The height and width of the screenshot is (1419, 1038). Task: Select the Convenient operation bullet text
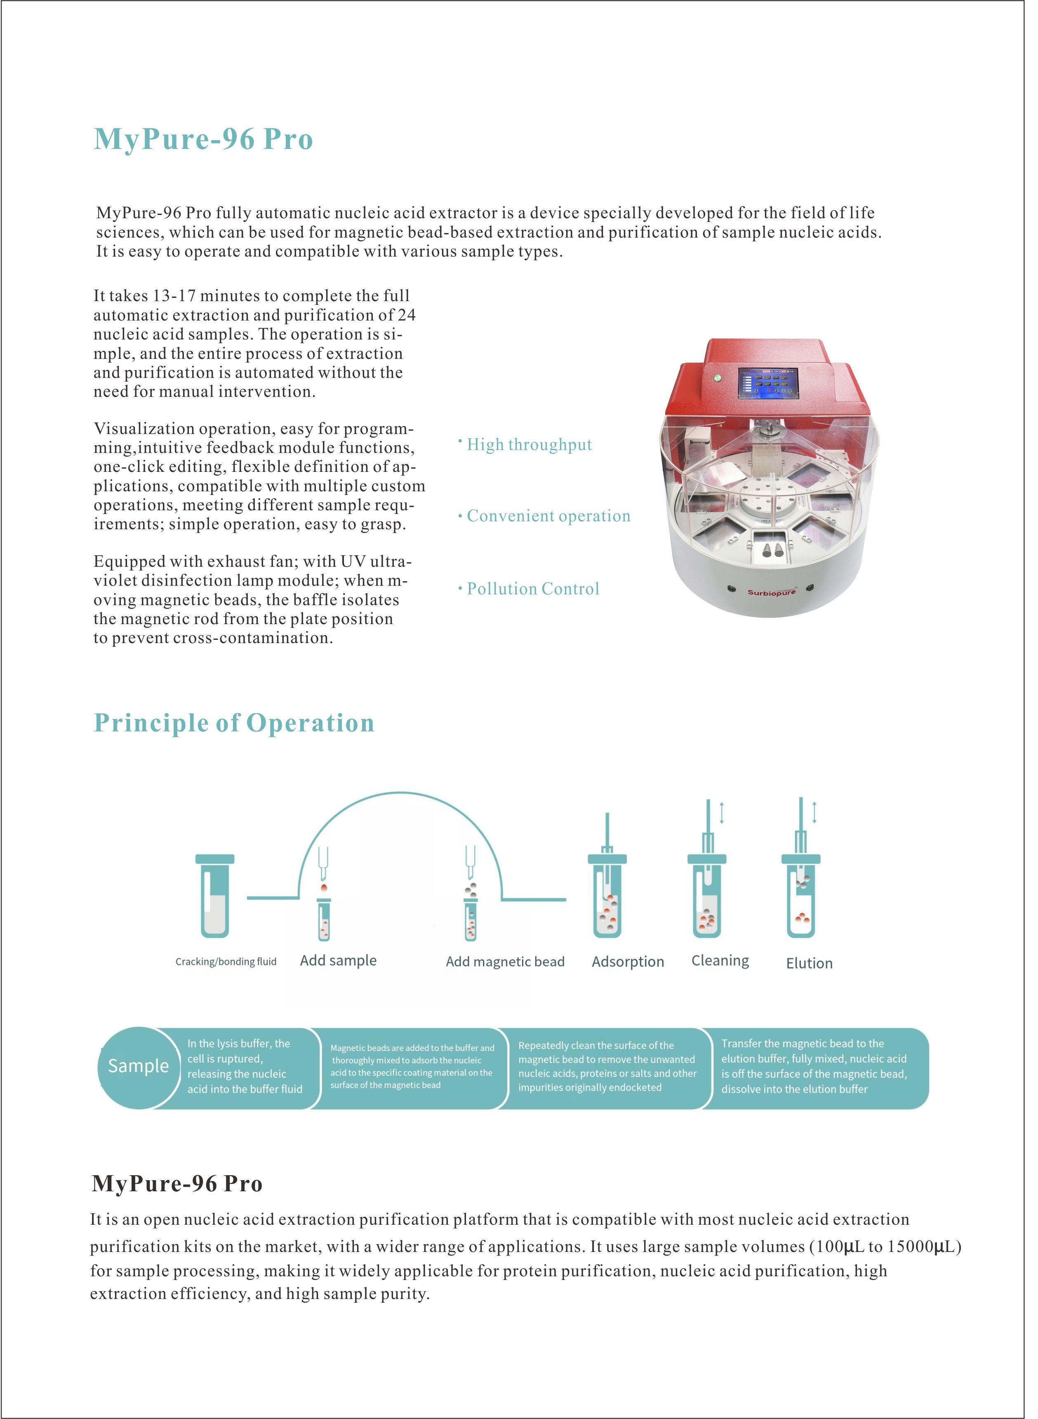point(548,516)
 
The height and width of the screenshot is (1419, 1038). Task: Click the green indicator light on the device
point(716,378)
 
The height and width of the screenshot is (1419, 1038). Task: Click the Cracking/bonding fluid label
point(226,962)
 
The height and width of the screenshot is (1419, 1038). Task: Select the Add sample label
point(338,960)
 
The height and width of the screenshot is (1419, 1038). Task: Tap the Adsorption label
point(627,962)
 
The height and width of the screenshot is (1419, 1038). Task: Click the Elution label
point(809,963)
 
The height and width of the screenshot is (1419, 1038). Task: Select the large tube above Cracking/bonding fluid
point(215,898)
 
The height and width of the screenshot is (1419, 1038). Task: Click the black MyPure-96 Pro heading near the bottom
point(177,1183)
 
